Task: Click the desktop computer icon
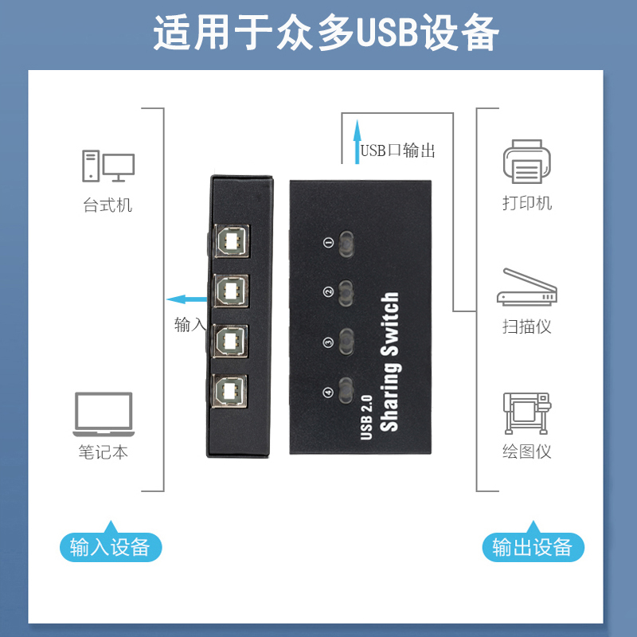click(x=107, y=165)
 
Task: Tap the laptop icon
click(x=104, y=413)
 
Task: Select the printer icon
click(x=527, y=161)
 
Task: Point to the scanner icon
click(x=526, y=287)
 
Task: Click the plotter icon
click(x=526, y=412)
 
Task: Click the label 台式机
click(x=107, y=205)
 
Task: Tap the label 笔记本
click(x=104, y=452)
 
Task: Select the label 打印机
click(x=527, y=203)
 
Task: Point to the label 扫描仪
click(x=526, y=326)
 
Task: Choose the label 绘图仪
click(x=526, y=452)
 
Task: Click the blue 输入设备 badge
click(x=110, y=547)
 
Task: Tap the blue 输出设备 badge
click(x=533, y=547)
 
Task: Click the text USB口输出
click(x=397, y=150)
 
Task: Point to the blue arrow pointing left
click(x=187, y=299)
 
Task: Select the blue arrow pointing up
click(x=358, y=139)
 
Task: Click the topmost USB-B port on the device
click(x=232, y=241)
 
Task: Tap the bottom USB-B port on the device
click(x=232, y=391)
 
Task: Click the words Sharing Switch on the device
click(x=389, y=363)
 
